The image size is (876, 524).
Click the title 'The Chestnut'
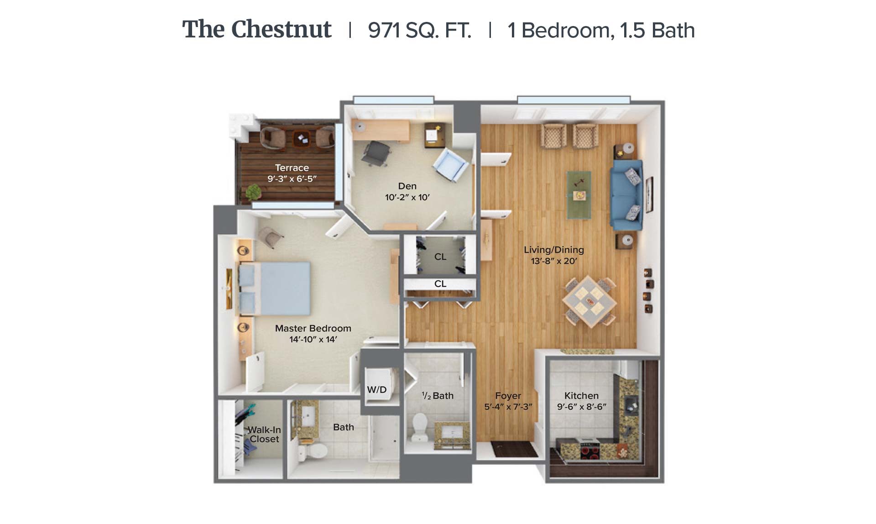(x=257, y=30)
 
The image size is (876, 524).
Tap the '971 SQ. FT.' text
(x=420, y=31)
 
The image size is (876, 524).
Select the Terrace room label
(x=292, y=168)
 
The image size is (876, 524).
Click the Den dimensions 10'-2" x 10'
(x=407, y=197)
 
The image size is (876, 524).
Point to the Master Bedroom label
(x=313, y=328)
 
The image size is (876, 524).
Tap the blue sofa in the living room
(x=627, y=195)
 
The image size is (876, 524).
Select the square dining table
(x=589, y=302)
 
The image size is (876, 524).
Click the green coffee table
(x=579, y=195)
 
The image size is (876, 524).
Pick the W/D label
(x=377, y=389)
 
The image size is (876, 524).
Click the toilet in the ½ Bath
(x=419, y=427)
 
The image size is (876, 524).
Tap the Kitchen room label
(x=581, y=396)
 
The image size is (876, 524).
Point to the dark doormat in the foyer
(x=515, y=449)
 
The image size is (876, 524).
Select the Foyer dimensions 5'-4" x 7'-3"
(x=508, y=407)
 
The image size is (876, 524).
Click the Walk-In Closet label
(x=264, y=434)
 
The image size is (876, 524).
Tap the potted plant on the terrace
(x=253, y=192)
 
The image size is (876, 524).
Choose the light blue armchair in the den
(x=451, y=165)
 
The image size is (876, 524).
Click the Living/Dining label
(x=554, y=250)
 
